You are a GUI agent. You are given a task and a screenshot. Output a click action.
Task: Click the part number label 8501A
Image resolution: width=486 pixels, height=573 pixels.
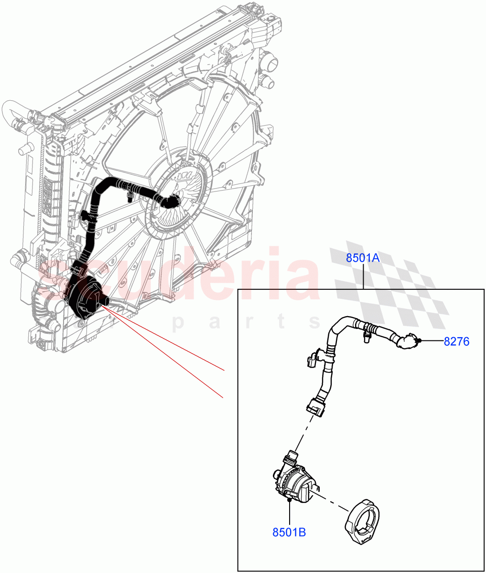tap(363, 258)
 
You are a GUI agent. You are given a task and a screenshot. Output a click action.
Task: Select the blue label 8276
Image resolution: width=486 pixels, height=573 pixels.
tap(456, 341)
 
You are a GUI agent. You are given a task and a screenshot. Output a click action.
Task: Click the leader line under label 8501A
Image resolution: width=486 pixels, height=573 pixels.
tap(364, 277)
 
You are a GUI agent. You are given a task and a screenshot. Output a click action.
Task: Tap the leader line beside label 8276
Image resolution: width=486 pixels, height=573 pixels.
tap(431, 341)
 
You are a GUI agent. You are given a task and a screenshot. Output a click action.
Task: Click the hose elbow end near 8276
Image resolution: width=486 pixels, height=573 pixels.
tap(409, 342)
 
